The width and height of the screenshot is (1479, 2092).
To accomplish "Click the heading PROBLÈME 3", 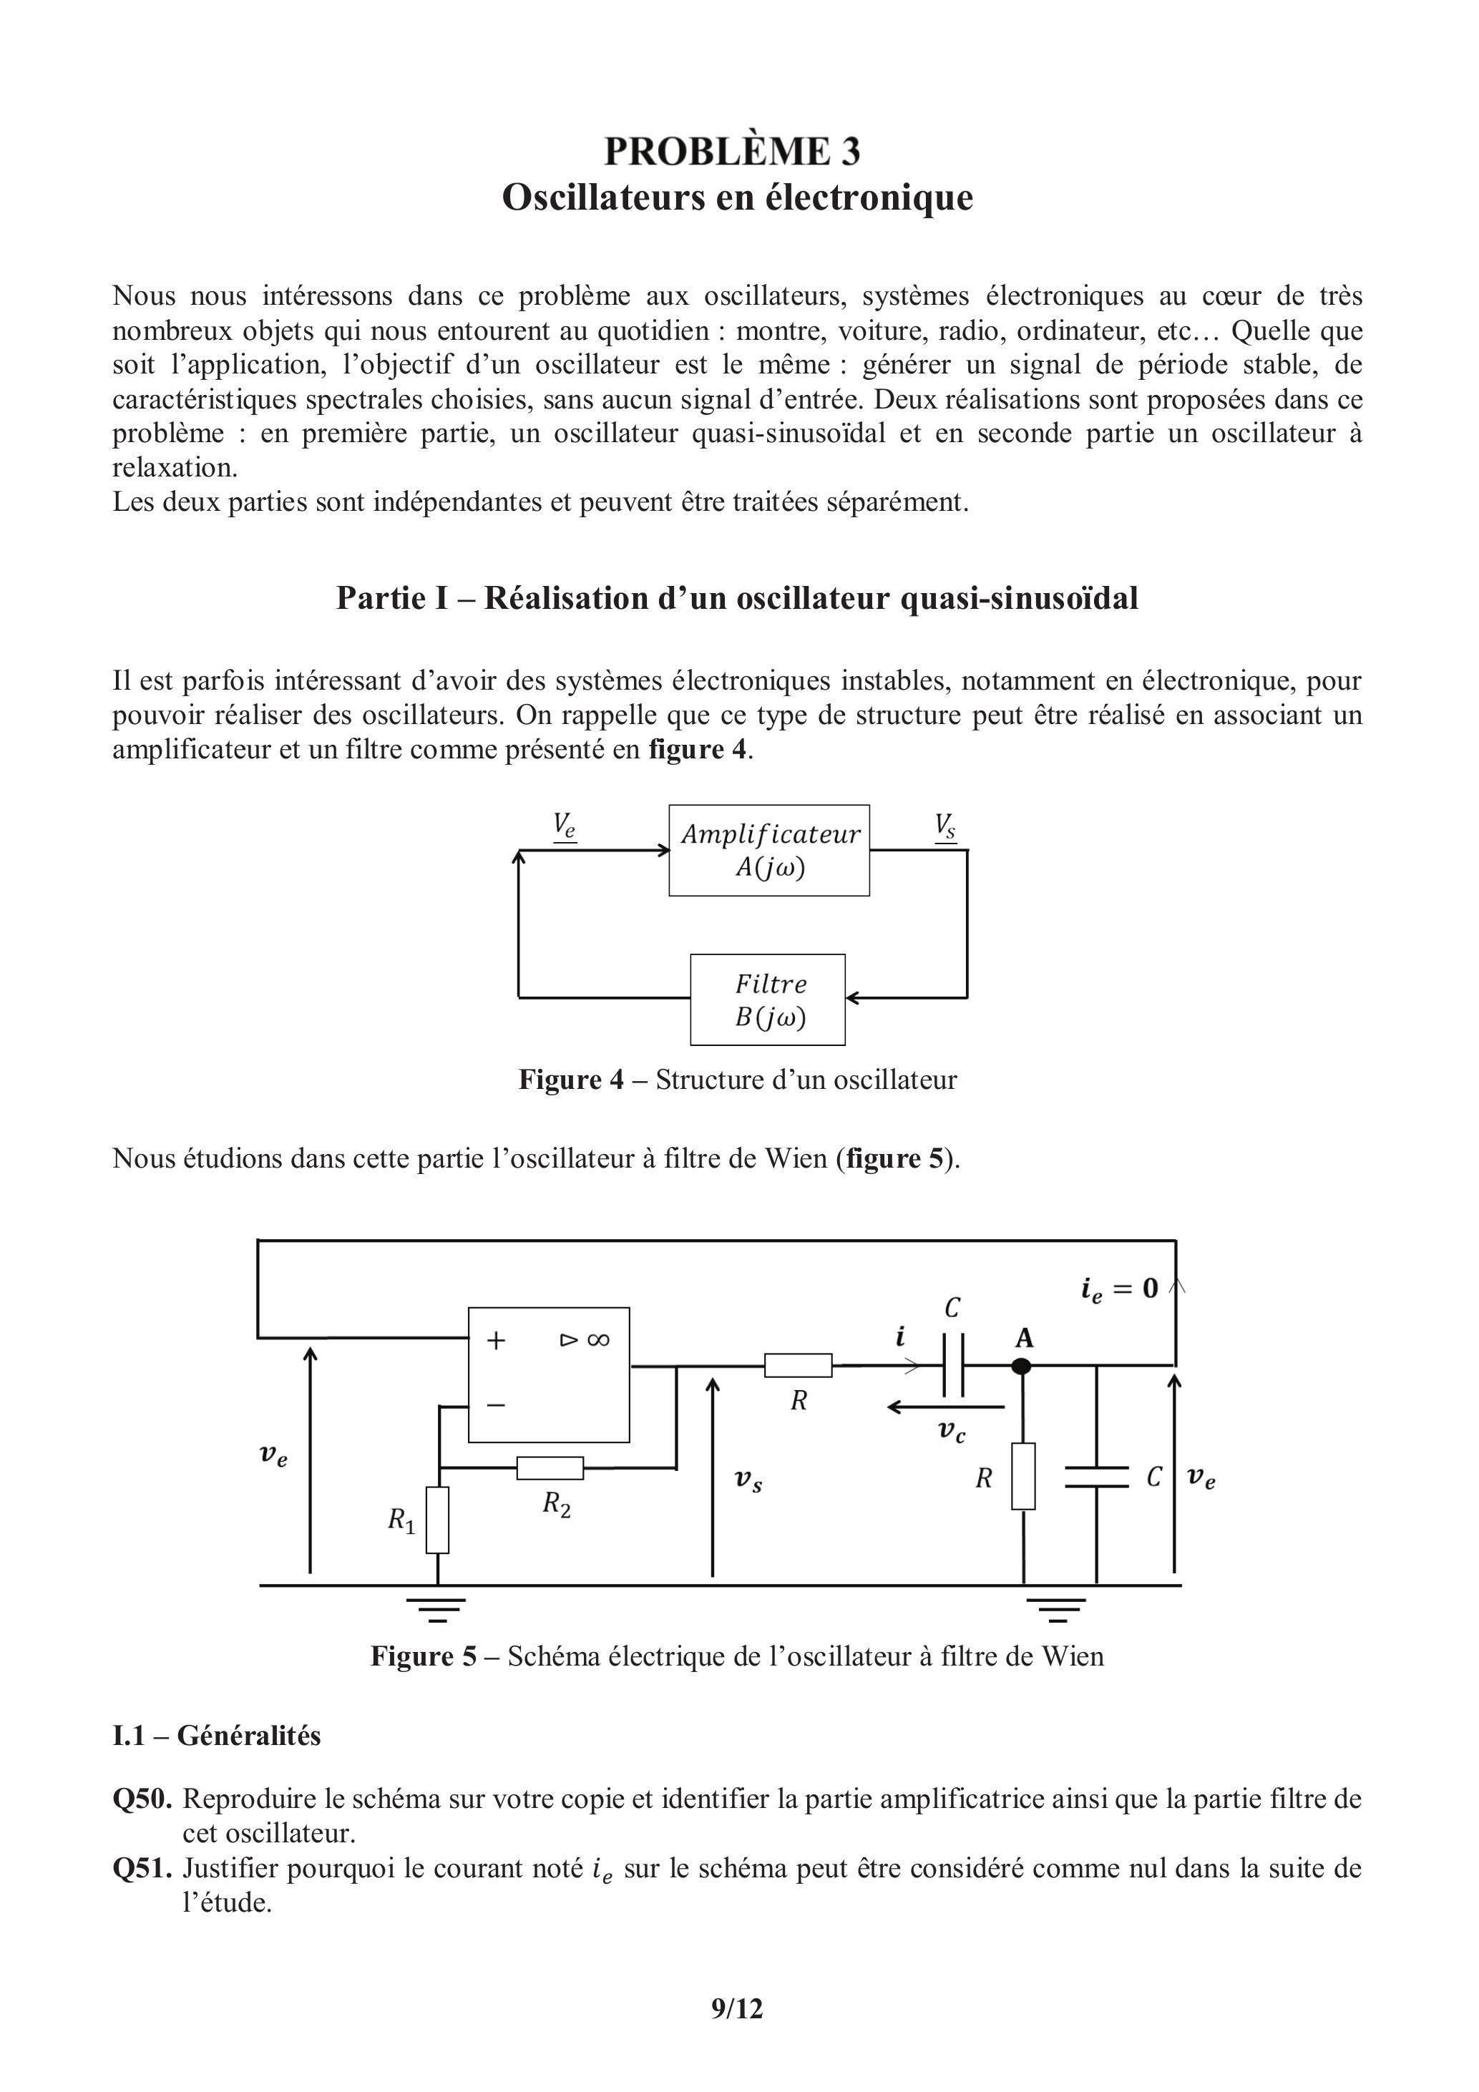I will tap(732, 151).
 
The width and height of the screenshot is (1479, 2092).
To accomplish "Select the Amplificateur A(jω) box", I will tap(769, 850).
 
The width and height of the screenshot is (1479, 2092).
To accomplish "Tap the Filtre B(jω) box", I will tap(767, 999).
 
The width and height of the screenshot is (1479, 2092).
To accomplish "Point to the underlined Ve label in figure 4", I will tap(564, 826).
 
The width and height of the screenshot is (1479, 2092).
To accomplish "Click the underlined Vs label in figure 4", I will tap(945, 826).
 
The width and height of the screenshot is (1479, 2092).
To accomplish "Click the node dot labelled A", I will tap(1022, 1366).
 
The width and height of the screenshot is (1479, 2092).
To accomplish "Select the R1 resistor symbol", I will tap(437, 1519).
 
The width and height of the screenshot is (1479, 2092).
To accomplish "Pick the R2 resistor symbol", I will tap(550, 1468).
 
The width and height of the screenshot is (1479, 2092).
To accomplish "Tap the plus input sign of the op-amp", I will tap(496, 1340).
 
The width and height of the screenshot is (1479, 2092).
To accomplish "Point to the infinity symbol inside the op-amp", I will tap(599, 1339).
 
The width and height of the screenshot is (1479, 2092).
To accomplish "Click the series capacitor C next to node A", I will tap(953, 1365).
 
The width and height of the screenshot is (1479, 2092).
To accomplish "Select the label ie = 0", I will tap(1119, 1289).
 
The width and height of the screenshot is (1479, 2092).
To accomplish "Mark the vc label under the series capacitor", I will tap(952, 1432).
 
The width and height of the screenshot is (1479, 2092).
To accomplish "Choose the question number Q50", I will tap(142, 1799).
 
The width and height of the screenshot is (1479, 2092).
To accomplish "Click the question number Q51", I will tap(142, 1868).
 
